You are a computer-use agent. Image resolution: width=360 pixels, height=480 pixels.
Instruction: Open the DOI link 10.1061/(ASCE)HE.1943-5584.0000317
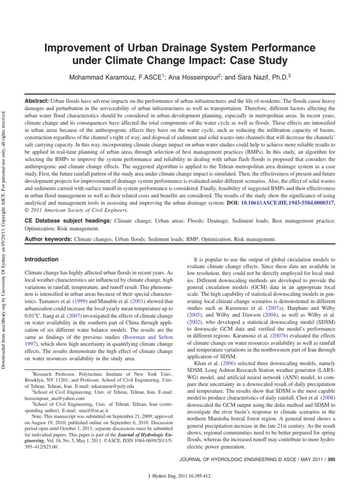(x=290, y=202)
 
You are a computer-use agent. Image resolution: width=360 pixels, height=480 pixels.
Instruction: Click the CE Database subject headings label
(x=68, y=220)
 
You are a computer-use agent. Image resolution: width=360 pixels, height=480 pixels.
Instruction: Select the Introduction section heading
(x=41, y=259)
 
